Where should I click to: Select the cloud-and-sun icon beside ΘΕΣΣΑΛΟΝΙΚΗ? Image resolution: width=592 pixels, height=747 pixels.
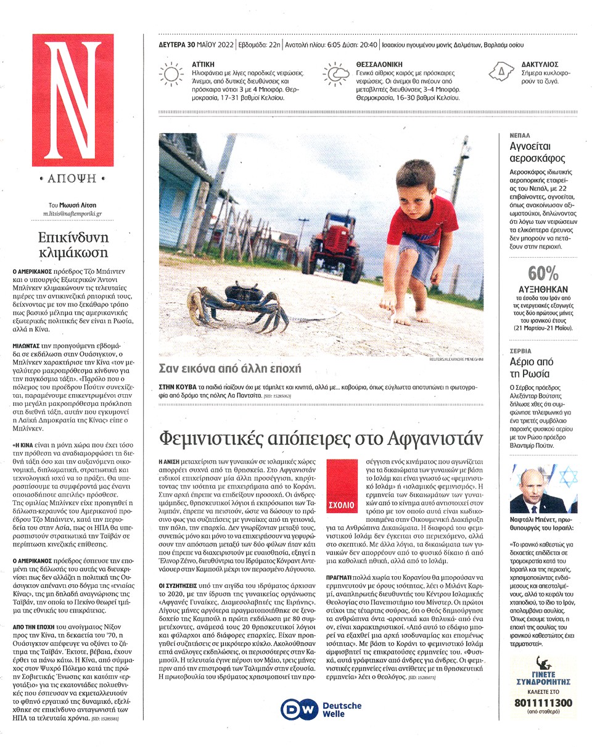point(335,74)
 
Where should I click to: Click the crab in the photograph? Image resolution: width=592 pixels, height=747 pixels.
point(233,303)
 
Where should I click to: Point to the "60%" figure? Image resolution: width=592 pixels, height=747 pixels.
point(543,273)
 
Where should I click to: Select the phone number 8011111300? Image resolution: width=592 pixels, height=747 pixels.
point(543,703)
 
